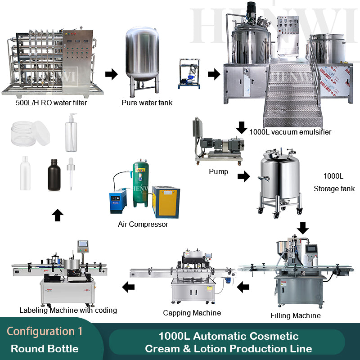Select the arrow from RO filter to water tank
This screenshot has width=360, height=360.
(111, 74)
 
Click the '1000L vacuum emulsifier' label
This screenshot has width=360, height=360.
(290, 132)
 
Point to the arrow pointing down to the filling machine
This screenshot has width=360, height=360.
(303, 228)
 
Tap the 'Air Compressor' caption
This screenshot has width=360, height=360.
(143, 224)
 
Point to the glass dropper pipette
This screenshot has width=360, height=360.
(70, 173)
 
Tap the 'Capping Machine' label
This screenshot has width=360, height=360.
(192, 313)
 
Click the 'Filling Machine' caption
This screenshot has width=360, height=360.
(295, 315)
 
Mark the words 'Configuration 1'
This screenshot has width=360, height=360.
(45, 332)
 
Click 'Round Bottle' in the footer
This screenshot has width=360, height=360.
(45, 349)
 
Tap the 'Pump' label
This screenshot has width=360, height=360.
(219, 171)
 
